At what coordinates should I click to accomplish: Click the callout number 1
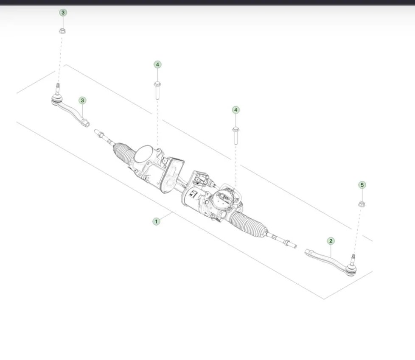pyautogui.click(x=156, y=221)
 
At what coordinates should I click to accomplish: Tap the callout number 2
pyautogui.click(x=331, y=241)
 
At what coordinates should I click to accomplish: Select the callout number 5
pyautogui.click(x=362, y=185)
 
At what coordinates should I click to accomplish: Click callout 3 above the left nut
pyautogui.click(x=63, y=12)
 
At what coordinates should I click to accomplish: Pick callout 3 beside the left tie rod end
pyautogui.click(x=82, y=100)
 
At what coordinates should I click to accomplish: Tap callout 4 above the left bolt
pyautogui.click(x=157, y=64)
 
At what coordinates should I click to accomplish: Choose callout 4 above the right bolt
pyautogui.click(x=236, y=110)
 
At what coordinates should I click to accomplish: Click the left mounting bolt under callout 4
pyautogui.click(x=157, y=90)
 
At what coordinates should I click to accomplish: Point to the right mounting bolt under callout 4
pyautogui.click(x=236, y=136)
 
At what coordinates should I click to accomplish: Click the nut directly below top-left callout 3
pyautogui.click(x=62, y=31)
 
